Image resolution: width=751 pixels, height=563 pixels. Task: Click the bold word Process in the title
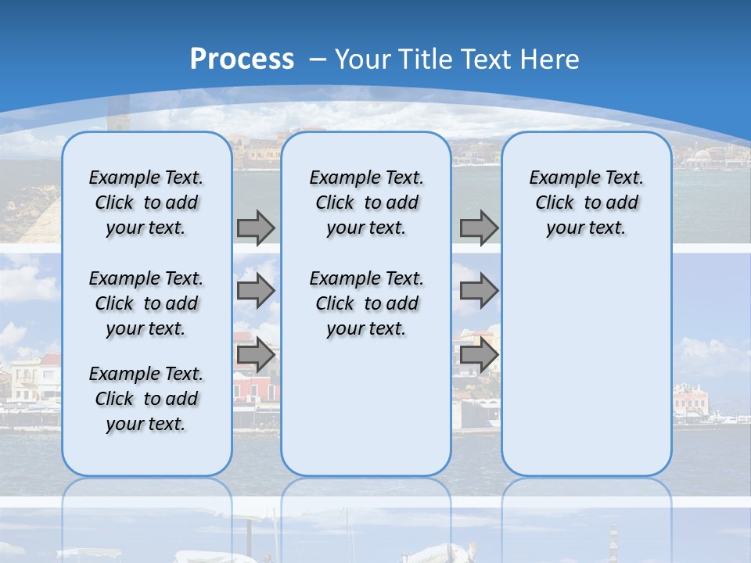242,59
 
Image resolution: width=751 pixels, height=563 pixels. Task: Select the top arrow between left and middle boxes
256,228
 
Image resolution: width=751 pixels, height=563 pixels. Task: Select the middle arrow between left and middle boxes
256,291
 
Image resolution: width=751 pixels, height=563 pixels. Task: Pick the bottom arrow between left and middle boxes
256,355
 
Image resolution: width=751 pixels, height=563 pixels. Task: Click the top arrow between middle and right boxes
479,228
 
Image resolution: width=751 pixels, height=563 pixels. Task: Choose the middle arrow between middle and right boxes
479,291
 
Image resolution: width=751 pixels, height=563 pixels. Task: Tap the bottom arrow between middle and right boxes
479,355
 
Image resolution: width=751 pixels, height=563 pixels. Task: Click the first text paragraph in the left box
146,203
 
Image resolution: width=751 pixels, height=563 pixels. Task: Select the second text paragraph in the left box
146,303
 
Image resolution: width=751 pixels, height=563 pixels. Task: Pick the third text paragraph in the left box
146,399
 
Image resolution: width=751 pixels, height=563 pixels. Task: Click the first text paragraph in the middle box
366,203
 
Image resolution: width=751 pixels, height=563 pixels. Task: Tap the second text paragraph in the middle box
366,303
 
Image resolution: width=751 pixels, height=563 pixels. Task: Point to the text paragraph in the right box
586,203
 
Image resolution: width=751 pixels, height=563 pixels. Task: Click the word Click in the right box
555,203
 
